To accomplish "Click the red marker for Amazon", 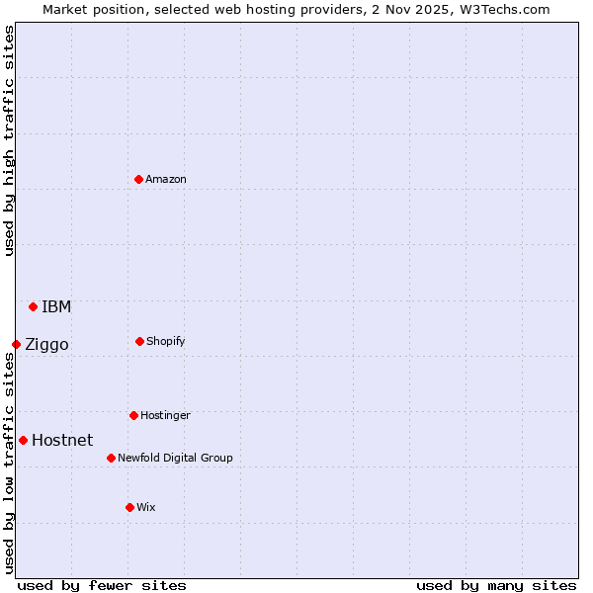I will click(x=138, y=179).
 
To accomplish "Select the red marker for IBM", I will click(x=33, y=306).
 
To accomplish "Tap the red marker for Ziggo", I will click(x=16, y=344).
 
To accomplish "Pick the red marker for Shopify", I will click(x=139, y=341).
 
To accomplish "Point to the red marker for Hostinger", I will click(x=133, y=415).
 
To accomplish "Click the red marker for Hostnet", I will click(x=23, y=440).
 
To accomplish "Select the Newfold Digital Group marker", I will click(x=111, y=458).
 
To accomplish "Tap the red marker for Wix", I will click(x=129, y=507).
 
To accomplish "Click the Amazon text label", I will click(x=166, y=179).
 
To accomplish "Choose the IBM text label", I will click(x=56, y=306).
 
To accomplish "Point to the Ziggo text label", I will click(x=46, y=344).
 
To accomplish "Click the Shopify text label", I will click(x=166, y=341).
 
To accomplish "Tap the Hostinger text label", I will click(x=165, y=415).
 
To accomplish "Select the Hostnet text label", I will click(x=62, y=440).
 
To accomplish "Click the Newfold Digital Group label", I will click(x=176, y=458).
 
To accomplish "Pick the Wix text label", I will click(x=146, y=507).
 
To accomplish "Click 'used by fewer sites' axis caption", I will click(x=102, y=585).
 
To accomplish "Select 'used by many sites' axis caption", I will click(x=496, y=585).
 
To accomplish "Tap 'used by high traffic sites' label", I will click(x=9, y=140).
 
